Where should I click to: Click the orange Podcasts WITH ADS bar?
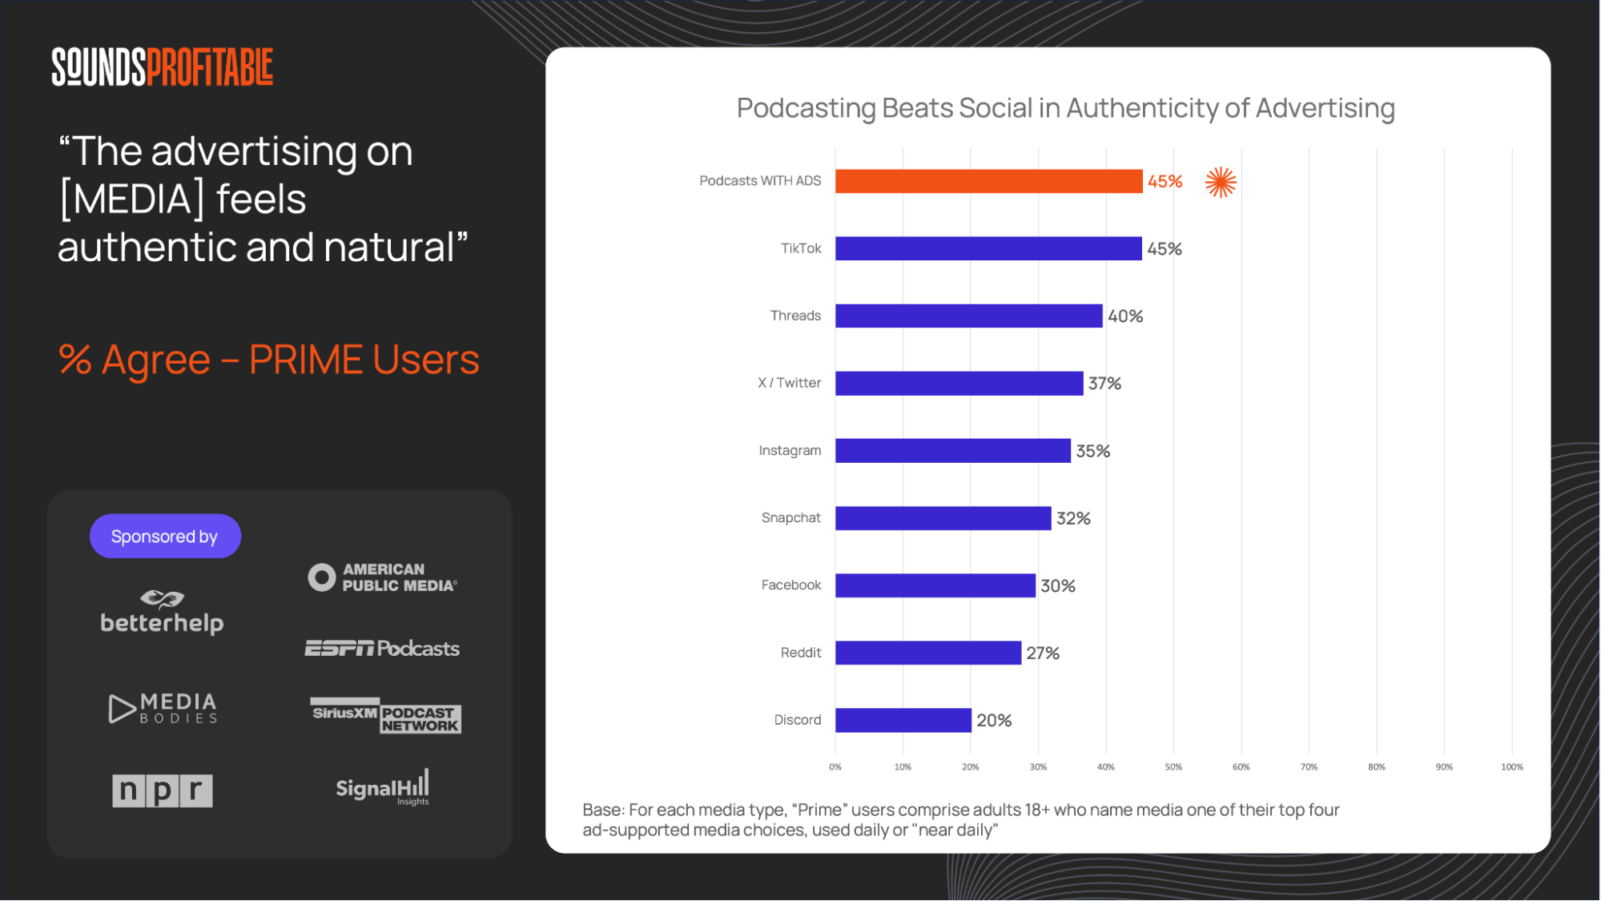[988, 181]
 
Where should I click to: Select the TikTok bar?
[988, 248]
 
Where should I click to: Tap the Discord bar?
[903, 720]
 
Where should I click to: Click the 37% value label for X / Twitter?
[1104, 384]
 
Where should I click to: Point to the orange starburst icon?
[1221, 182]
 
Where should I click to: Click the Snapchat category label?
[790, 517]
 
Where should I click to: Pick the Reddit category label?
[800, 653]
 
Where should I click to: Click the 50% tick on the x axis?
[1173, 767]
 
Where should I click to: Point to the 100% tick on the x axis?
[1511, 767]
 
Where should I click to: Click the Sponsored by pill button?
[165, 537]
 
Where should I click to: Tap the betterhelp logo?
[162, 613]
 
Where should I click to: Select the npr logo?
[163, 790]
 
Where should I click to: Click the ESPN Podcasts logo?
[382, 648]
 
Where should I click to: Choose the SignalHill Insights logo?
[383, 788]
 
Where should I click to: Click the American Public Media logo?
[383, 577]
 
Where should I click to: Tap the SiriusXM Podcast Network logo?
[385, 715]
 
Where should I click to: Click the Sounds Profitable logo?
[163, 66]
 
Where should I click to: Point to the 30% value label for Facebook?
[1058, 586]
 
